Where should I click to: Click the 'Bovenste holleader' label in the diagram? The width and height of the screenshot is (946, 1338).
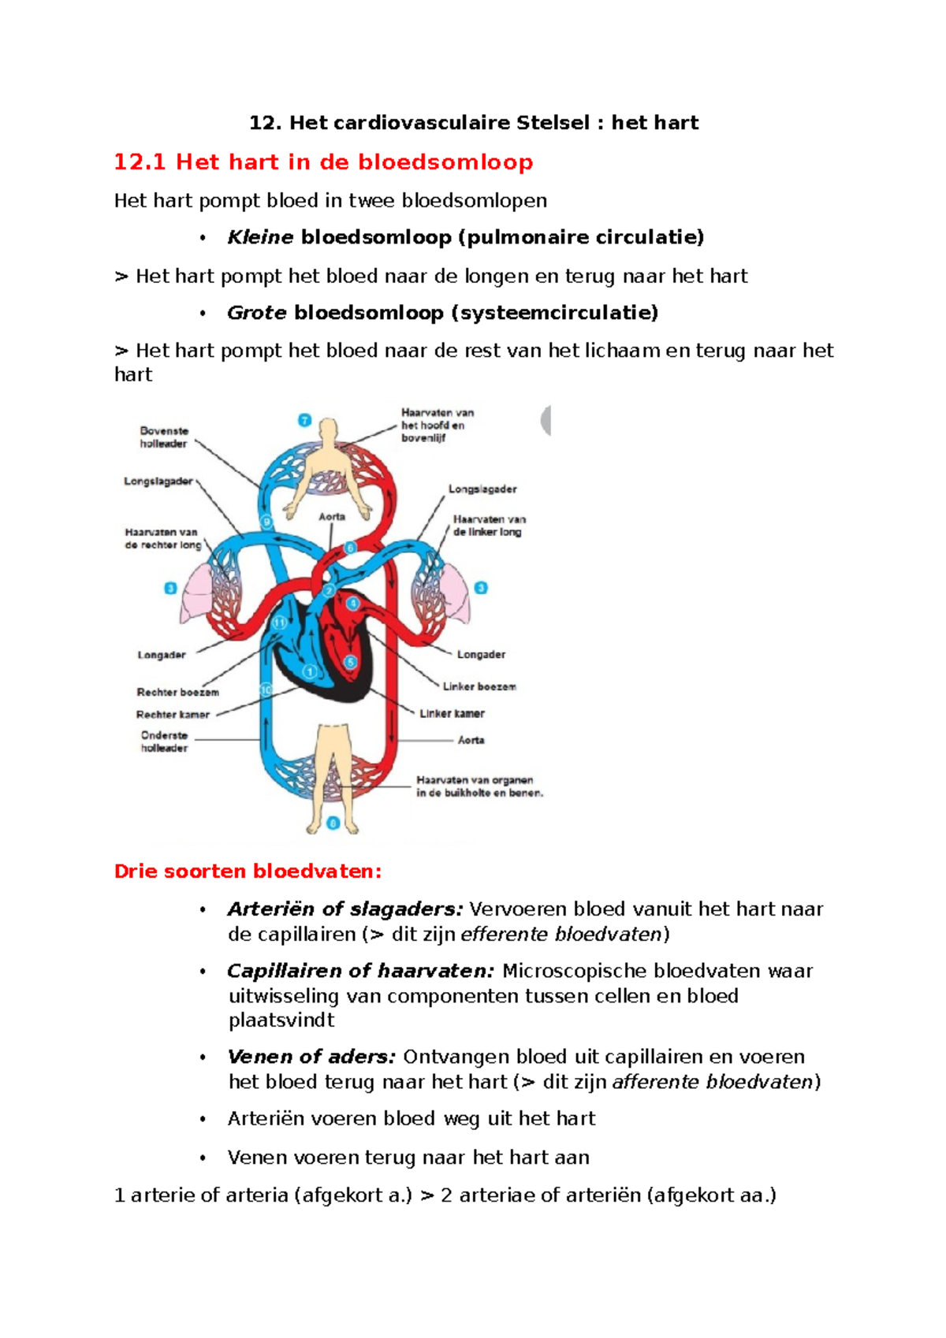(164, 437)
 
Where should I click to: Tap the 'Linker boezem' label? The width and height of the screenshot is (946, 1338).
(479, 686)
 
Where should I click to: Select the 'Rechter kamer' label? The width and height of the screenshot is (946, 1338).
(173, 715)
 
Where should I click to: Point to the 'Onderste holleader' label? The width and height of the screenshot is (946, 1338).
(164, 741)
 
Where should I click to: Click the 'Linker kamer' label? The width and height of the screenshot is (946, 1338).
(452, 713)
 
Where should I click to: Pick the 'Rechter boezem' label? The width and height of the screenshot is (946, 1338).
(177, 692)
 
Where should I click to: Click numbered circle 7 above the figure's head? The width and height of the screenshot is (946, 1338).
(304, 420)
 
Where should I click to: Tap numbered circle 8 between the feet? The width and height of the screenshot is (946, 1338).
(333, 823)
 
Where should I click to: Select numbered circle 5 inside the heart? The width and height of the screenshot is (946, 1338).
(350, 663)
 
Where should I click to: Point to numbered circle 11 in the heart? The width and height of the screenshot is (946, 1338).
(279, 623)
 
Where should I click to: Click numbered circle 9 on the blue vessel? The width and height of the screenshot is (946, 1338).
(266, 521)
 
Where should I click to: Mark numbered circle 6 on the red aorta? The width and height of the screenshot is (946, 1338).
(350, 548)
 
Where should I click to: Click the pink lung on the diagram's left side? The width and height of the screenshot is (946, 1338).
(197, 593)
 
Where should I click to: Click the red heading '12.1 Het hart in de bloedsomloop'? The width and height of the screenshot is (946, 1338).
(323, 162)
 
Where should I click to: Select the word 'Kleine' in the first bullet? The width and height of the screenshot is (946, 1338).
(260, 237)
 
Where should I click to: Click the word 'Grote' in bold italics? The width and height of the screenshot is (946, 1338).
(256, 313)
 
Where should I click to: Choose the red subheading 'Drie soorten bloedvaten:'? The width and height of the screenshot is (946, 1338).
(248, 872)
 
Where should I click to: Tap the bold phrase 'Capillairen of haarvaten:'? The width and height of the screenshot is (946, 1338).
(360, 971)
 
